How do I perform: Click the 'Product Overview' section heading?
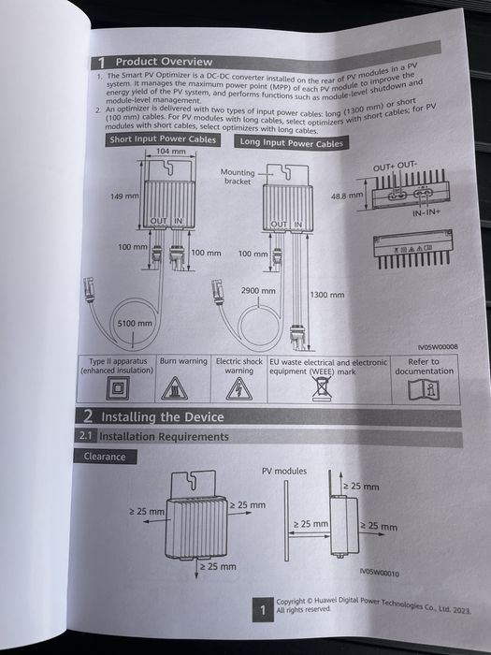pos(164,62)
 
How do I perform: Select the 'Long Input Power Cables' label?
pos(291,143)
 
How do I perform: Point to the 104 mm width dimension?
pos(170,151)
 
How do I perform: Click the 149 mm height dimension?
pos(124,197)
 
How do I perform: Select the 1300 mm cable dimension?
pos(326,295)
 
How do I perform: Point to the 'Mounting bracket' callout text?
pos(238,177)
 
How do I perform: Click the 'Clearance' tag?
pos(104,457)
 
